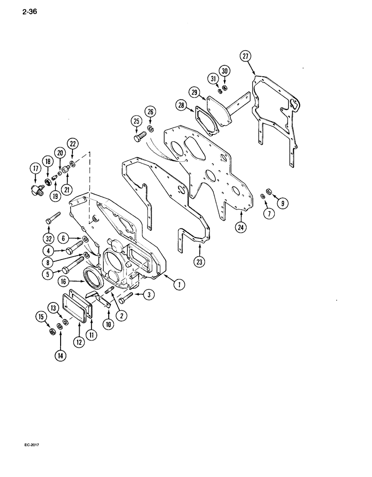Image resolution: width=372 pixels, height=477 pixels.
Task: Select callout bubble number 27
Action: pos(246,56)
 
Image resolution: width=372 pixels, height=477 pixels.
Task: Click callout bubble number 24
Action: pos(241,227)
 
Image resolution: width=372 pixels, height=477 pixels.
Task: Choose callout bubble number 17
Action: pos(36,168)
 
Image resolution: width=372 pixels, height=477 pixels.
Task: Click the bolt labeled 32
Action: pos(51,220)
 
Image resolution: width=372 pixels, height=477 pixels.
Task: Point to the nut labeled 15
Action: pos(52,332)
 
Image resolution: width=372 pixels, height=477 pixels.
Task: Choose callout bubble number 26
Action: pos(152,113)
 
